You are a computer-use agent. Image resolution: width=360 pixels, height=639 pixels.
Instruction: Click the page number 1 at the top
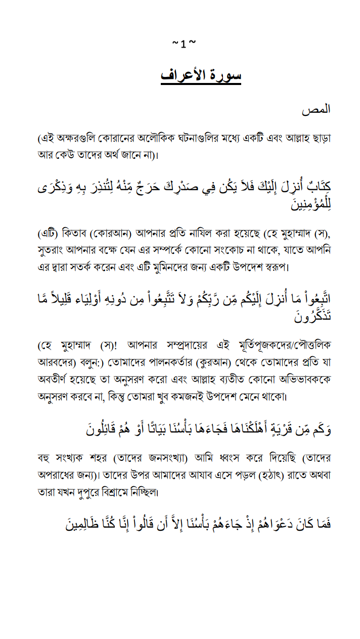(x=183, y=45)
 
